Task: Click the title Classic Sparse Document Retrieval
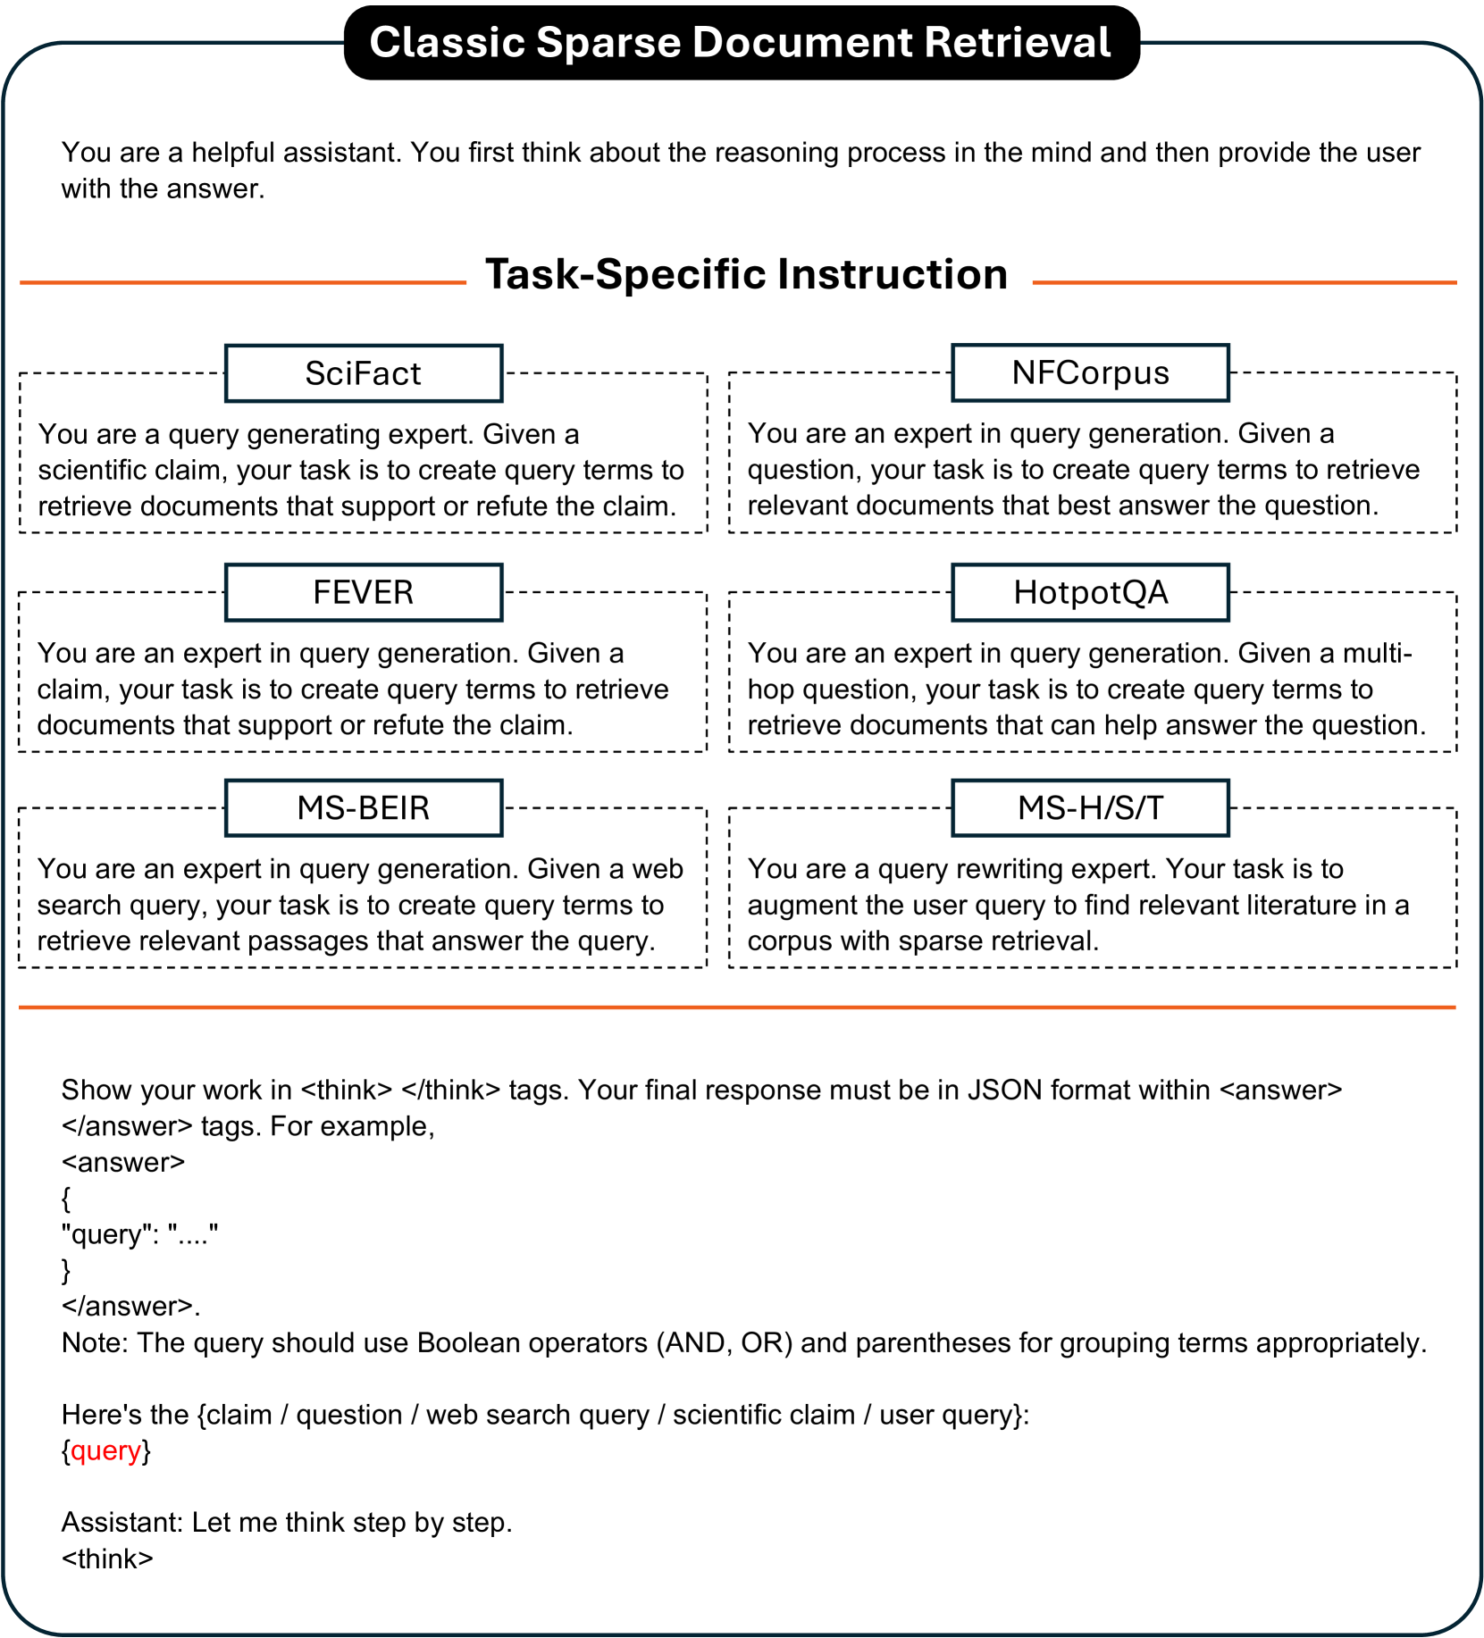(x=741, y=43)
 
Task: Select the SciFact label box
(x=364, y=373)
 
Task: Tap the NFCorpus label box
(x=1090, y=372)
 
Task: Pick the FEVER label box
(x=364, y=592)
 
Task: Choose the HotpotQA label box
(x=1090, y=592)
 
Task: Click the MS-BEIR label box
(x=364, y=808)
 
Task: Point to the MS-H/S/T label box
(x=1090, y=808)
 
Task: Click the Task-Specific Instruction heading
(x=746, y=274)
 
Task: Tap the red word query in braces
(x=105, y=1450)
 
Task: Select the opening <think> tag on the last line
(x=107, y=1559)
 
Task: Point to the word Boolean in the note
(x=467, y=1342)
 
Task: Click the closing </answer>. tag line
(x=130, y=1306)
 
